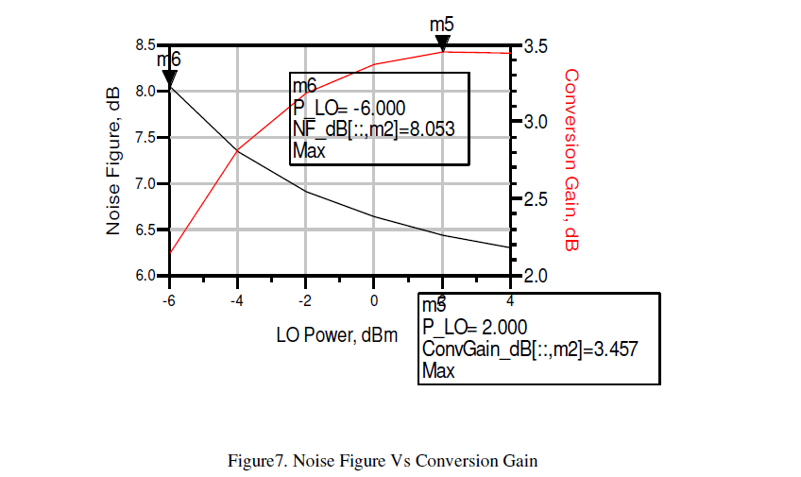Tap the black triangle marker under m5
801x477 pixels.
point(442,43)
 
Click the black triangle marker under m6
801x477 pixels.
point(169,79)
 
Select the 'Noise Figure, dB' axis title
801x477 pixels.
point(113,161)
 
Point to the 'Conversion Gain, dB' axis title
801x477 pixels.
point(571,160)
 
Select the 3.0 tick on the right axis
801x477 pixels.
point(534,122)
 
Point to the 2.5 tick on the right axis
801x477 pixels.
point(534,199)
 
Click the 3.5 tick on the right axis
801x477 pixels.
point(534,46)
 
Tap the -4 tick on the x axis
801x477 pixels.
point(236,300)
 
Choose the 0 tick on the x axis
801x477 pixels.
point(374,300)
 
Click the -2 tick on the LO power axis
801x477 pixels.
point(305,300)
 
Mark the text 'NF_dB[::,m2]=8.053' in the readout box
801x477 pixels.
point(374,129)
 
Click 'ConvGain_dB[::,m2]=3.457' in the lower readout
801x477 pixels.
point(530,349)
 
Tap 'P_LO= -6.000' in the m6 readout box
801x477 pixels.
point(349,108)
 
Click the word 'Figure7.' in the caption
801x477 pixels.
point(258,462)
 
